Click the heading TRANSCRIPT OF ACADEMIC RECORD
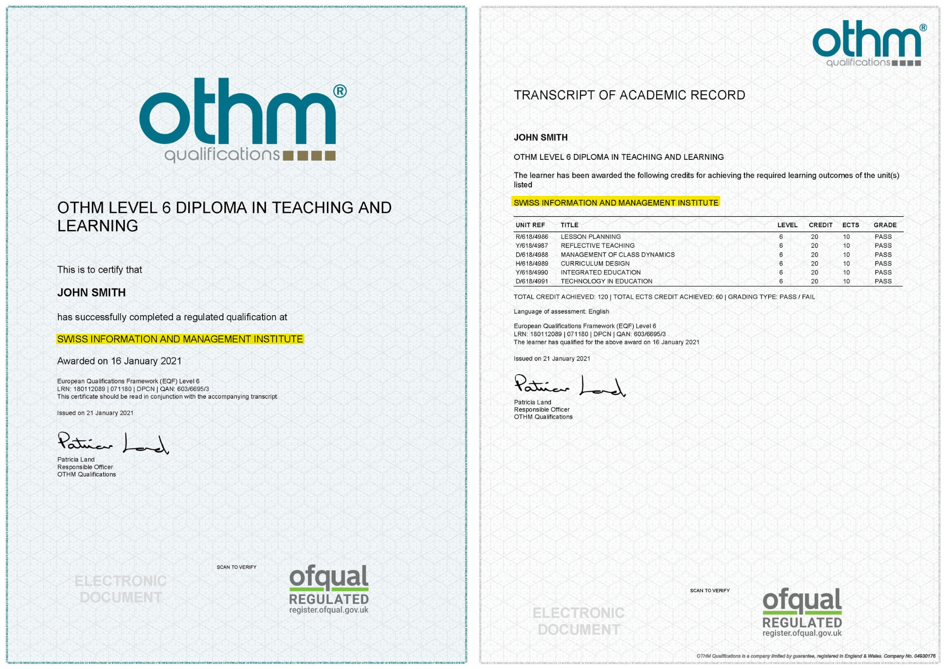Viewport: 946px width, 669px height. [x=629, y=96]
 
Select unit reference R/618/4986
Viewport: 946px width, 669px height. [x=532, y=237]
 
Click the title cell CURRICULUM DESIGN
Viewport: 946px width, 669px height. [x=595, y=264]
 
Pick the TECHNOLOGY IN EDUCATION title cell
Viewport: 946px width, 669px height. [x=606, y=282]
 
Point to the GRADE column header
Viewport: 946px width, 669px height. [x=885, y=225]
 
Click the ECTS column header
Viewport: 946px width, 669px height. [x=850, y=225]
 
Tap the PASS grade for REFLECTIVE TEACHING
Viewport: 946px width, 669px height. [x=883, y=246]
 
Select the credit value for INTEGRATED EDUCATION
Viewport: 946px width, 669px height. [x=814, y=273]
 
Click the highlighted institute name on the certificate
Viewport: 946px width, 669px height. [x=180, y=339]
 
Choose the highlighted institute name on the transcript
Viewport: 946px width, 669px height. [x=616, y=203]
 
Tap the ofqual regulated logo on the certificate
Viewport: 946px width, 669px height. [x=329, y=590]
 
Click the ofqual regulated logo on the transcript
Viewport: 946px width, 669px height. [x=802, y=613]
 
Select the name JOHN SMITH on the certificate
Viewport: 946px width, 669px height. [x=91, y=293]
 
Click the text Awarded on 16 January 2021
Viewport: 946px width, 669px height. [x=119, y=361]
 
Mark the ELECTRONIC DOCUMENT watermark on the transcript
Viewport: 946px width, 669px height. [x=578, y=621]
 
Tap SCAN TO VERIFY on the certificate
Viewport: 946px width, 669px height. [x=236, y=567]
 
